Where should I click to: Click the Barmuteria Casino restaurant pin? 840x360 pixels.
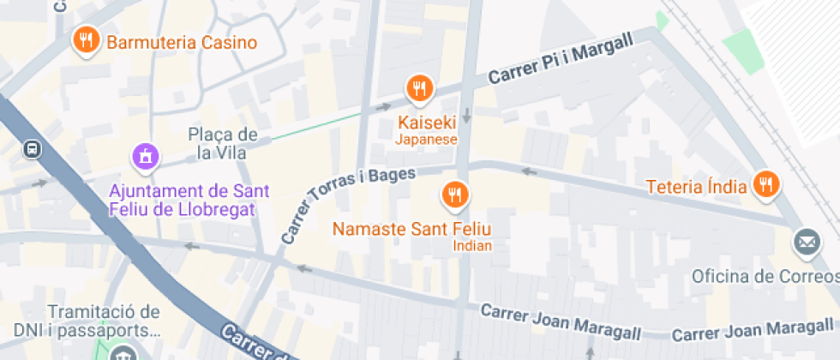pyautogui.click(x=87, y=40)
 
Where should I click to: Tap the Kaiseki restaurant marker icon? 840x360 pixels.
pyautogui.click(x=419, y=87)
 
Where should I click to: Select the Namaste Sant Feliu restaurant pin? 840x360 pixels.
pyautogui.click(x=454, y=195)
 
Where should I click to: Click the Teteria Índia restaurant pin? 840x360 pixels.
pyautogui.click(x=765, y=183)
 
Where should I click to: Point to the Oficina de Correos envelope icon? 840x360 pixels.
pyautogui.click(x=807, y=243)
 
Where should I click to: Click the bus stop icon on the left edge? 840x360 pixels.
pyautogui.click(x=32, y=148)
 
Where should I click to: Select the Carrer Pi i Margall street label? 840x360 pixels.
pyautogui.click(x=561, y=58)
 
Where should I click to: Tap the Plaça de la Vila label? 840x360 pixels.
pyautogui.click(x=223, y=144)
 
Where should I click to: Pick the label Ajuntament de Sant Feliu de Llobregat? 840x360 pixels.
pyautogui.click(x=183, y=200)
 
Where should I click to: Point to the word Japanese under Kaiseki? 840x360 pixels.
pyautogui.click(x=426, y=140)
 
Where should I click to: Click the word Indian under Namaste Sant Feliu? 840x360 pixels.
pyautogui.click(x=472, y=246)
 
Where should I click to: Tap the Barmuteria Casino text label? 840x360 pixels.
pyautogui.click(x=182, y=43)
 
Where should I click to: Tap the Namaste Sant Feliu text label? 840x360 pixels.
pyautogui.click(x=411, y=229)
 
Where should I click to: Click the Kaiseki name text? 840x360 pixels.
pyautogui.click(x=426, y=123)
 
